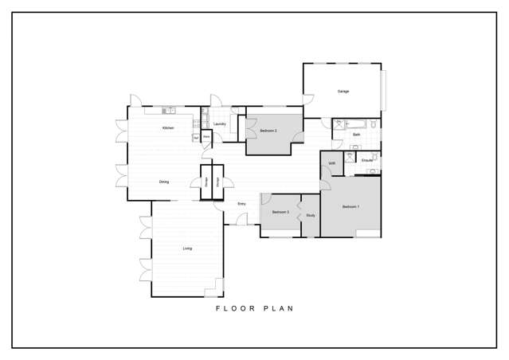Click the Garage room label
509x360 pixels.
pyautogui.click(x=343, y=92)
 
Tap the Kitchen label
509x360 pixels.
pyautogui.click(x=168, y=128)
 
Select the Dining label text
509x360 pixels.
pyautogui.click(x=163, y=182)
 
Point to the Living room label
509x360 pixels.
pyautogui.click(x=187, y=248)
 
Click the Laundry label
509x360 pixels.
pyautogui.click(x=220, y=123)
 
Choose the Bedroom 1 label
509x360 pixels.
pyautogui.click(x=351, y=207)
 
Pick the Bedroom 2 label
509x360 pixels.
pyautogui.click(x=268, y=130)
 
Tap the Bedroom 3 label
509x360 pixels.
pyautogui.click(x=280, y=212)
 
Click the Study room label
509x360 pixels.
pyautogui.click(x=311, y=215)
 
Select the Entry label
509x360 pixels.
pyautogui.click(x=241, y=204)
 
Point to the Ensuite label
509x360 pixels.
pyautogui.click(x=367, y=161)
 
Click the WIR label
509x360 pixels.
pyautogui.click(x=331, y=163)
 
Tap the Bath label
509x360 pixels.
pyautogui.click(x=357, y=135)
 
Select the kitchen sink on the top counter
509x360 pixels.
pyautogui.click(x=169, y=110)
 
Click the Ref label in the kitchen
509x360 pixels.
pyautogui.click(x=195, y=137)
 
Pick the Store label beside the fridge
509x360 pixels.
pyautogui.click(x=206, y=137)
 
